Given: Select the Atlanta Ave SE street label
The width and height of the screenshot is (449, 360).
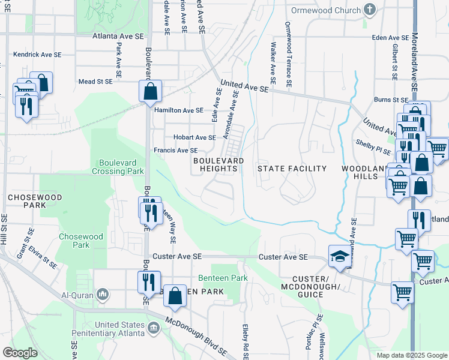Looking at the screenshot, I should point(118,36).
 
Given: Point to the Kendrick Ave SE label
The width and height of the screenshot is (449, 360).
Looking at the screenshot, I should point(37,55).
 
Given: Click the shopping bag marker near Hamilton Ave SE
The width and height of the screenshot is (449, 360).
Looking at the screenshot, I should point(150,92).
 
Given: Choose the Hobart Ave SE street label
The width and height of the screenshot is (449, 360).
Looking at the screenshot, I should point(194,137).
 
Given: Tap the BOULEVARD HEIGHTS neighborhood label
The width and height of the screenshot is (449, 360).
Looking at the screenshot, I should point(218,165).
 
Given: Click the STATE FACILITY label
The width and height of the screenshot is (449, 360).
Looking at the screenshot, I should point(292,169).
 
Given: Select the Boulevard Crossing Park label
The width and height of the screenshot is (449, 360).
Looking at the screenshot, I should point(118,166).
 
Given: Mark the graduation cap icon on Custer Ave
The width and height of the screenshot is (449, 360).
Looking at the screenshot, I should point(339,256).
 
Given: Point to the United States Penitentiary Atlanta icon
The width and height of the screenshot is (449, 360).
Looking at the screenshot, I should point(154,328).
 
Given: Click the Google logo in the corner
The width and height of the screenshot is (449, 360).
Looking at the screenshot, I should point(20,353).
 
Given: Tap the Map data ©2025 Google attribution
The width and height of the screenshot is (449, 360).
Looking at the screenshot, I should point(411,355).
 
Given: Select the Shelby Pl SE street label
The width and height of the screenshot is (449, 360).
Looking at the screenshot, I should point(373,144).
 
